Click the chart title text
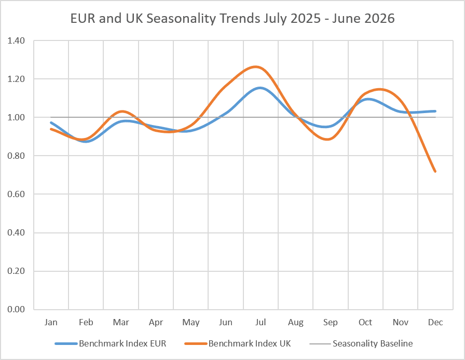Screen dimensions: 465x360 232,18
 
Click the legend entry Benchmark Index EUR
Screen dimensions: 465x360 111,343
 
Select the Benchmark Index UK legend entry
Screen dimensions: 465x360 238,343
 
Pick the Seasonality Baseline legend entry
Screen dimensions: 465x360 361,343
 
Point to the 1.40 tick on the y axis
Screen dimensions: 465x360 16,40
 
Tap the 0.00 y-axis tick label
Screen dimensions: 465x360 16,309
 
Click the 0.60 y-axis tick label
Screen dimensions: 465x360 16,194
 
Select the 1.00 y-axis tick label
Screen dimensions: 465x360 16,117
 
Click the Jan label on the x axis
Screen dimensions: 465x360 51,322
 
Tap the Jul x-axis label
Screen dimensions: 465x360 261,322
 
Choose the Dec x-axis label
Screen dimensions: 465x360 435,322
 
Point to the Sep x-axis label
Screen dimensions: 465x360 331,323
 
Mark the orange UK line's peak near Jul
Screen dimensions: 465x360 255,67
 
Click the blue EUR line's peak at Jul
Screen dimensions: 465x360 260,88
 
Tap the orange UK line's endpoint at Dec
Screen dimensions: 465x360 435,171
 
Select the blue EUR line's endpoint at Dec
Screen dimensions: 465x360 435,111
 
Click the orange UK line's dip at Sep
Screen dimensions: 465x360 327,139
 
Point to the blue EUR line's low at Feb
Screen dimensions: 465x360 86,141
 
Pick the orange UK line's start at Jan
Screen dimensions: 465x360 51,129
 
